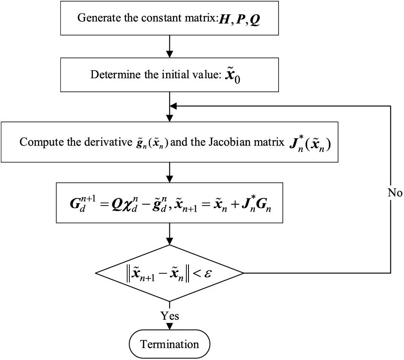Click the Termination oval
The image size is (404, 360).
click(x=169, y=344)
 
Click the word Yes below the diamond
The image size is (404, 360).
click(x=169, y=316)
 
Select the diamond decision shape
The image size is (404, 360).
click(x=169, y=272)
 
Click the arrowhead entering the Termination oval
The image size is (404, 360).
click(x=169, y=327)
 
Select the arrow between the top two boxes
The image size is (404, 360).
click(x=169, y=47)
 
